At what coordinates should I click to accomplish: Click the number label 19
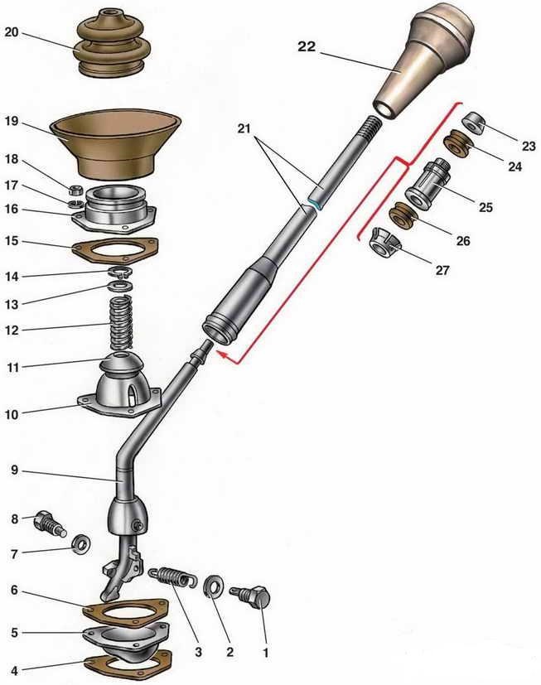[x=12, y=121]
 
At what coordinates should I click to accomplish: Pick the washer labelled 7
[x=81, y=545]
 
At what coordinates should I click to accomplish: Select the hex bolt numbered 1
[x=250, y=595]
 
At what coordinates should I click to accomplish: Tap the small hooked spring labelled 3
[x=171, y=577]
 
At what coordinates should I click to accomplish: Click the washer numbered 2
[x=214, y=587]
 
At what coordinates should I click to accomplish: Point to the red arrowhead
[x=225, y=356]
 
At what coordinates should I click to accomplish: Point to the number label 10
[x=12, y=414]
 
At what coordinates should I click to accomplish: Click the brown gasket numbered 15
[x=115, y=250]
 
